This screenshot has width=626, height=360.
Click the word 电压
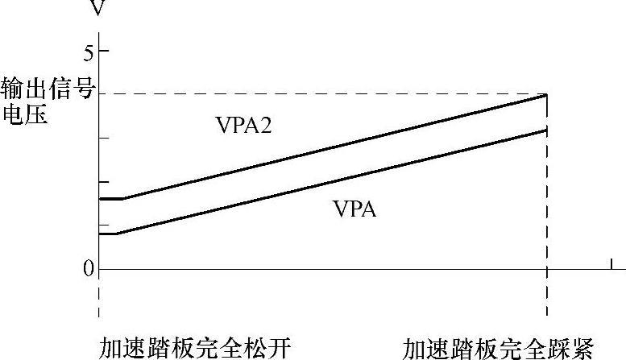click(x=24, y=114)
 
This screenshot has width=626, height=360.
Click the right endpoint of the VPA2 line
click(x=547, y=95)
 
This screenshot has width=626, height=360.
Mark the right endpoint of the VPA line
click(x=547, y=130)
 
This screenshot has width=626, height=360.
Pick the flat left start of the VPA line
click(x=108, y=234)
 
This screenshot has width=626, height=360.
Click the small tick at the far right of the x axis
click(x=611, y=263)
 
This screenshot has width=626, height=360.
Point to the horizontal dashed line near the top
click(x=322, y=94)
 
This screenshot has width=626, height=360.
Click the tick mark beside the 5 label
click(x=103, y=52)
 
